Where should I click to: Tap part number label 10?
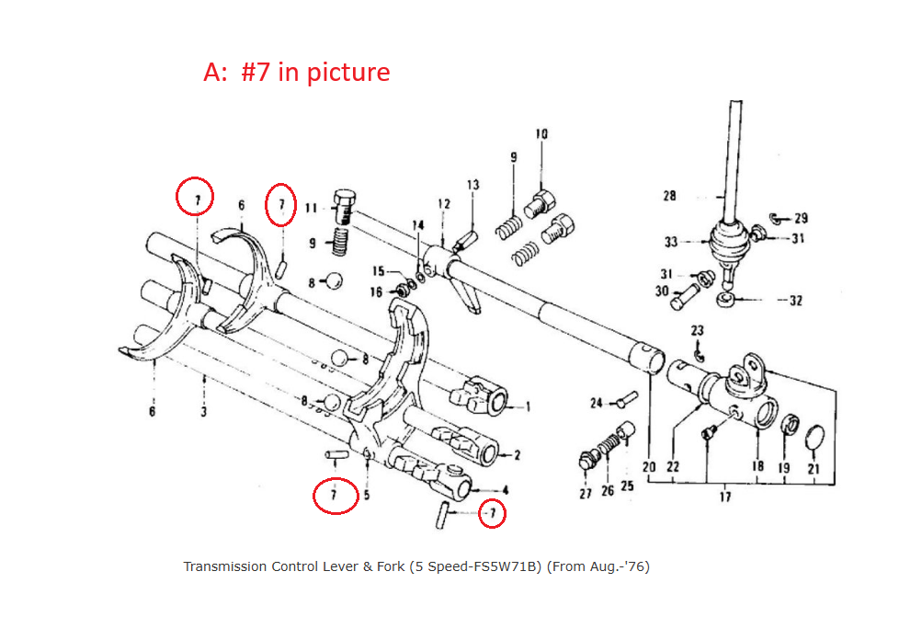[541, 134]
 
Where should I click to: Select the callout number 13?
[472, 185]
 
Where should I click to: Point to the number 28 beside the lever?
[669, 195]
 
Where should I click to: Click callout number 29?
[801, 218]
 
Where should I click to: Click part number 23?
[698, 330]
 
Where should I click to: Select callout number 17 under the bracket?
[725, 497]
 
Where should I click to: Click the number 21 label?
[813, 467]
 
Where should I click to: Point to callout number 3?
[203, 411]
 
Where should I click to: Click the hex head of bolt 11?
[344, 200]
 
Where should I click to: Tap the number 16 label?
[376, 291]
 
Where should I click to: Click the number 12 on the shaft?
[444, 203]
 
